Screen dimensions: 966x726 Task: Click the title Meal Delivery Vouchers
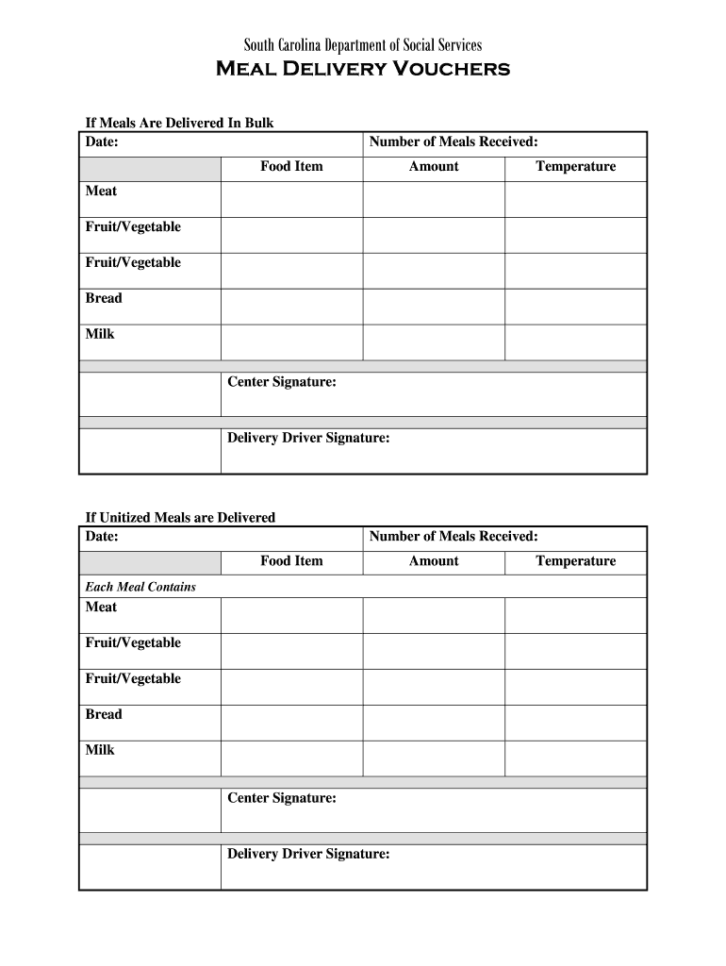(363, 69)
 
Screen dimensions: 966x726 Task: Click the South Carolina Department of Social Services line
(363, 44)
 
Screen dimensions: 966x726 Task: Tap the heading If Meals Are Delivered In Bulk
(179, 123)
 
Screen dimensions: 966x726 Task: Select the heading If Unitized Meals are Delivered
(180, 517)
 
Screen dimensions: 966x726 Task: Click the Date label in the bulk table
(102, 142)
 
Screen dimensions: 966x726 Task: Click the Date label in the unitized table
(102, 536)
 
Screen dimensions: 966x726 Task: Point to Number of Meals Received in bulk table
(454, 142)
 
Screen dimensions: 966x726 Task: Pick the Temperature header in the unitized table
(575, 560)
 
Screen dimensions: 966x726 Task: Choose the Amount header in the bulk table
(434, 166)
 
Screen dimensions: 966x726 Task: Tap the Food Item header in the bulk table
(291, 166)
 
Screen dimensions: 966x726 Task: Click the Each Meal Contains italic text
(140, 586)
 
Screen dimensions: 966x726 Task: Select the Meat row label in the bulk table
(101, 191)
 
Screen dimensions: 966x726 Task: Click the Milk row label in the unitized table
(100, 750)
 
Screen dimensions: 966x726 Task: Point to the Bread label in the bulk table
(104, 298)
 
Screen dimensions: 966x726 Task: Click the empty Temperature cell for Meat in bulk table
(575, 199)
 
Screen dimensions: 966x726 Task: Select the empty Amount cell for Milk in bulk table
(434, 341)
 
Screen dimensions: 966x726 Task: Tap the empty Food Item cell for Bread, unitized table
(291, 723)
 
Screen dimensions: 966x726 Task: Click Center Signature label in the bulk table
(282, 381)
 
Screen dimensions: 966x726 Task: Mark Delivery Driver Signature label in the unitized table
(308, 854)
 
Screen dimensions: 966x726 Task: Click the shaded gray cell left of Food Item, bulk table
(150, 168)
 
